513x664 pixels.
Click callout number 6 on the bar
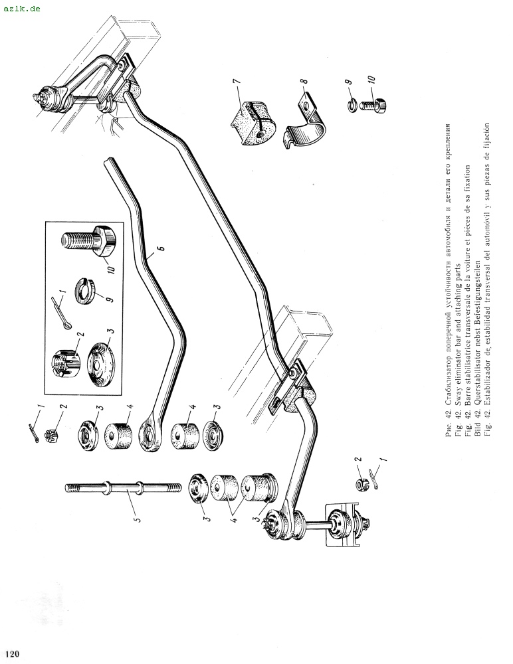point(159,250)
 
